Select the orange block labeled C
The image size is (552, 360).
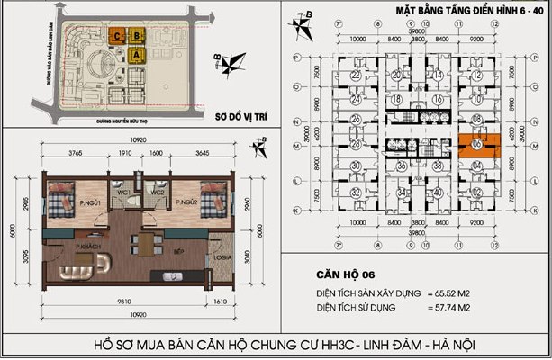[x=118, y=37]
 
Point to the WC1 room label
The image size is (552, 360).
[x=126, y=191]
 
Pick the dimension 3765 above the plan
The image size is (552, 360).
[x=77, y=155]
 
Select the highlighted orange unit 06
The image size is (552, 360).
[x=475, y=148]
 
